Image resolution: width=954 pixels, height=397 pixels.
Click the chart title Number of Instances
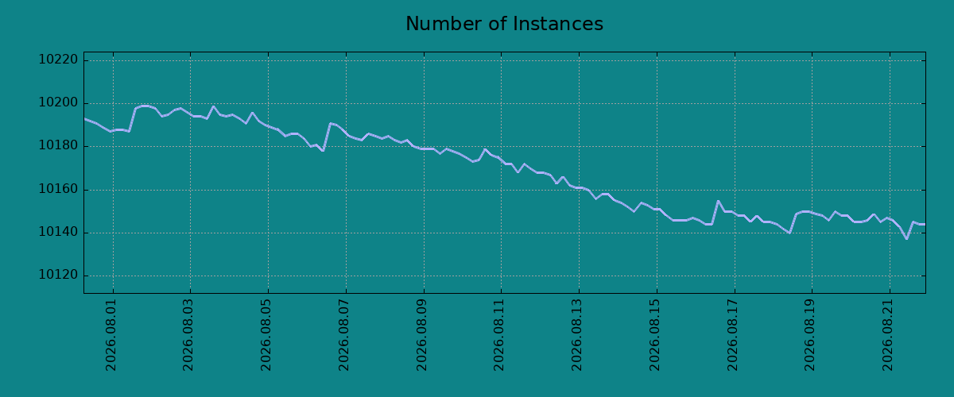point(504,24)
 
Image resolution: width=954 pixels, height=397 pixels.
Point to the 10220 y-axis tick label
point(58,60)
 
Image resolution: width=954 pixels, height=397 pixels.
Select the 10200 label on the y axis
point(58,103)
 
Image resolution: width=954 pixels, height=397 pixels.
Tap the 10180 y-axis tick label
point(58,146)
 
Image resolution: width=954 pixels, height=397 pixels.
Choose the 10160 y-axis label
point(58,189)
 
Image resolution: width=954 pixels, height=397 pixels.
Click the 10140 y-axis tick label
point(58,233)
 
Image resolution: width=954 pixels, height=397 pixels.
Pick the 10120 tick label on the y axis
point(58,276)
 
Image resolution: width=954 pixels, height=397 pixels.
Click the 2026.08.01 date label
point(111,335)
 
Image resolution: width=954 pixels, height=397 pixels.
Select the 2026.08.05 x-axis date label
point(266,335)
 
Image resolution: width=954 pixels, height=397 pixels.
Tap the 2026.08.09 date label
point(421,335)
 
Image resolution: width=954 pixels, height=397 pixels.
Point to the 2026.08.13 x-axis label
point(576,335)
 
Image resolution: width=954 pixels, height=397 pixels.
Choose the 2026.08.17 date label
point(732,335)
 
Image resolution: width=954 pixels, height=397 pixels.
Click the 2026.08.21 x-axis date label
point(887,335)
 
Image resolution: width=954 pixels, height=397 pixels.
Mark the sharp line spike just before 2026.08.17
point(718,201)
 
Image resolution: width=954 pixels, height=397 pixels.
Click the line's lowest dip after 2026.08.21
point(907,239)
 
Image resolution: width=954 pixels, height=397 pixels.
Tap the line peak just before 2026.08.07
point(330,123)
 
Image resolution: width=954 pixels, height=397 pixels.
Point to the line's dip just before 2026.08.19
point(789,233)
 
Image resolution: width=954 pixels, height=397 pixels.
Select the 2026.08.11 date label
point(498,335)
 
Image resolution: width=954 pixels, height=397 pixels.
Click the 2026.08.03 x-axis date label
point(188,335)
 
